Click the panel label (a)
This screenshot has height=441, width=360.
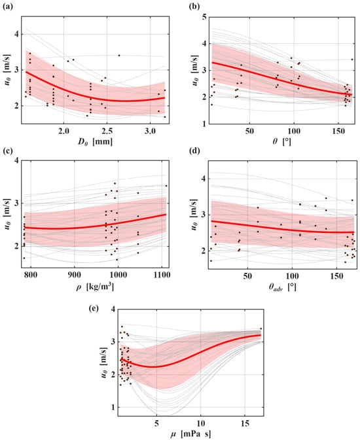click(7, 7)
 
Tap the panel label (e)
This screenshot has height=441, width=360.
click(94, 309)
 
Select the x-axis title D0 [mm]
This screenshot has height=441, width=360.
click(95, 141)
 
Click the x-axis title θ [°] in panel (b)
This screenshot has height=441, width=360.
click(282, 141)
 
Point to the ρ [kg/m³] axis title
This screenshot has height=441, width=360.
click(95, 287)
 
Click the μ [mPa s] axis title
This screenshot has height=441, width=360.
click(190, 433)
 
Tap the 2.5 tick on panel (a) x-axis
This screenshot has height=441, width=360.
click(107, 132)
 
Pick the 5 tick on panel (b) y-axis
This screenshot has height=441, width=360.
click(204, 17)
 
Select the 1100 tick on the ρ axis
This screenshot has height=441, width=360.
click(162, 275)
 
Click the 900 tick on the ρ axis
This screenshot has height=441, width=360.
click(74, 275)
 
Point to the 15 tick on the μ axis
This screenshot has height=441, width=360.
click(245, 423)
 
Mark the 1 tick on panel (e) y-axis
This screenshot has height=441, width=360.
click(114, 407)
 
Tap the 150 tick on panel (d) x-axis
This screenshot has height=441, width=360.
click(336, 276)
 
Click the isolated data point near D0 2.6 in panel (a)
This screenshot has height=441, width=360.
click(119, 56)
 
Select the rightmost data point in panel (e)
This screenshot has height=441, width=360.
click(261, 328)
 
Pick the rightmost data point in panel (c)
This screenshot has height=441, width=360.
click(166, 186)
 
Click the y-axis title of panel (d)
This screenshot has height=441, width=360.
click(194, 215)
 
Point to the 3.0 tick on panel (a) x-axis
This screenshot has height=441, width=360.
click(150, 132)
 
